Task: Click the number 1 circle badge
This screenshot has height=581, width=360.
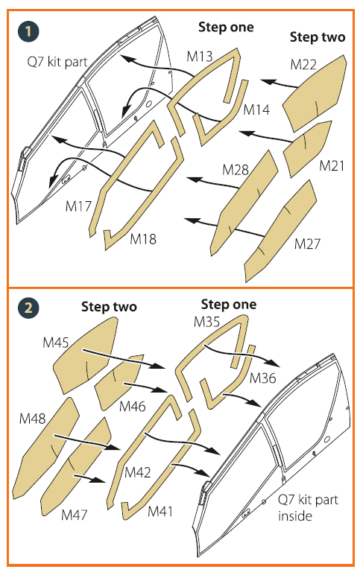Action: (x=28, y=31)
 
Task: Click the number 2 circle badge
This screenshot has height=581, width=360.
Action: (x=28, y=308)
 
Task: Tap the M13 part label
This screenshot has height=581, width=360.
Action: (x=200, y=57)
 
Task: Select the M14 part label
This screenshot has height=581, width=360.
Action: (x=256, y=109)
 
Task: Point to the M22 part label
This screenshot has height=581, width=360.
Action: (x=303, y=65)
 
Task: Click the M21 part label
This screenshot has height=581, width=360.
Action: (x=332, y=165)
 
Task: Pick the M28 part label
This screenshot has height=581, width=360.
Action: (x=236, y=170)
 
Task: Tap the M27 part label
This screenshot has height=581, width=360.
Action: (x=307, y=244)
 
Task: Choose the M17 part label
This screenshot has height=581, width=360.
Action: (x=78, y=206)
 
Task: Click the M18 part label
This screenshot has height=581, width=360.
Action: (x=143, y=239)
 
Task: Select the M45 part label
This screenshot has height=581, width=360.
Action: (x=56, y=343)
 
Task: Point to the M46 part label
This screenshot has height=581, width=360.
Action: (x=133, y=407)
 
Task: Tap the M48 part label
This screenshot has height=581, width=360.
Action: (x=32, y=419)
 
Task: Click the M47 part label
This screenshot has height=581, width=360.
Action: (x=75, y=514)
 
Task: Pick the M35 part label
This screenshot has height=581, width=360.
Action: (x=207, y=322)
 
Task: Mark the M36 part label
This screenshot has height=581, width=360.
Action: (x=263, y=378)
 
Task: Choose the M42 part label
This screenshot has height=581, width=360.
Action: (x=138, y=472)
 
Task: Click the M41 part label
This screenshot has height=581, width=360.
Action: (x=160, y=511)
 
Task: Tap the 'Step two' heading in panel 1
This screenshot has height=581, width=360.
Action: (x=318, y=37)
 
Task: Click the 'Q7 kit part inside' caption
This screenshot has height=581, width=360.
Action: (x=308, y=508)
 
